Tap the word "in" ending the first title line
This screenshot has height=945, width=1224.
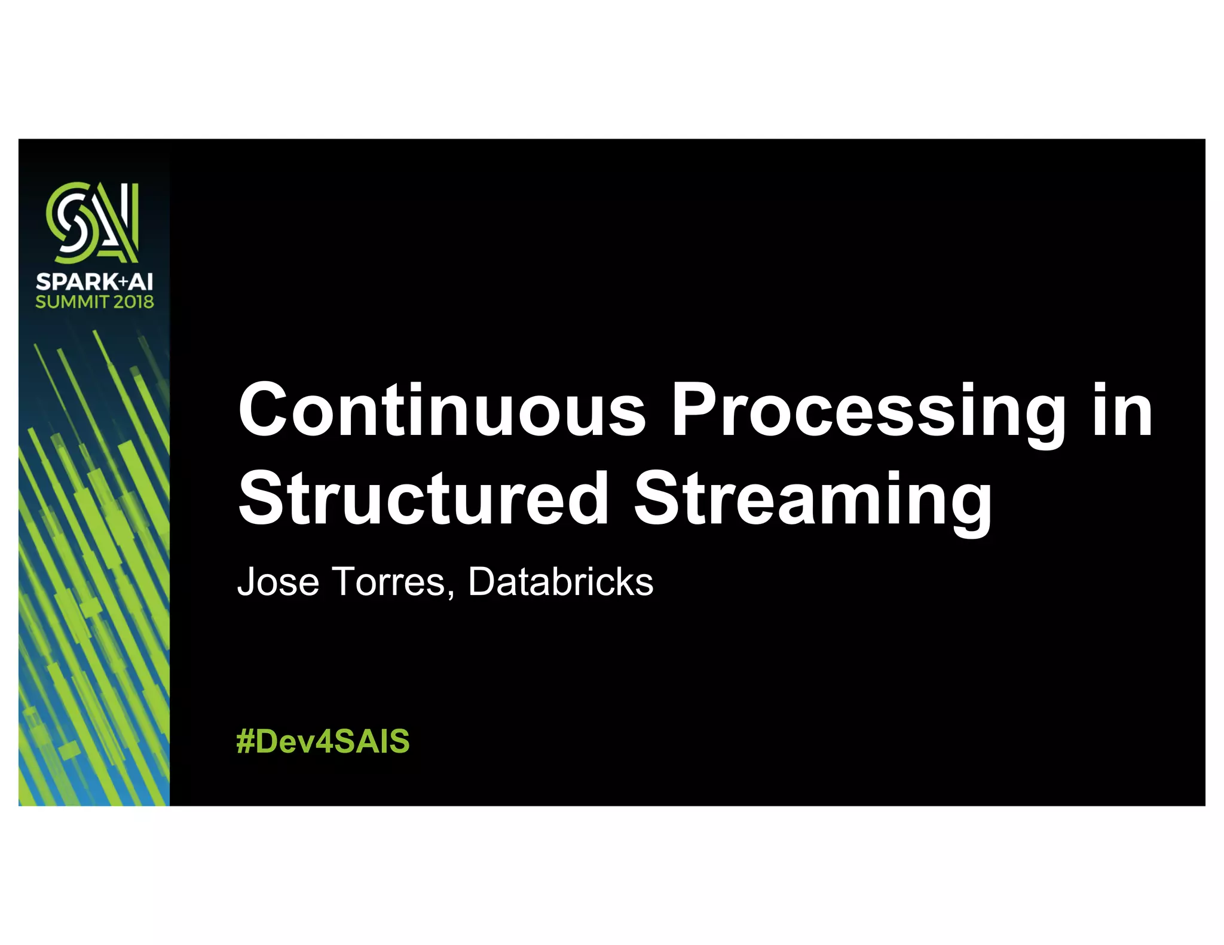pos(1122,410)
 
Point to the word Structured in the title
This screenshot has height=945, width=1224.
pos(423,498)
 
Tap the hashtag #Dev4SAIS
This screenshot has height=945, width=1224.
pos(323,741)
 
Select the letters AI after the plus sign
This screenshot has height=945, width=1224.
pos(141,281)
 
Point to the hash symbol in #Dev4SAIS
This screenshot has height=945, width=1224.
pos(245,741)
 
